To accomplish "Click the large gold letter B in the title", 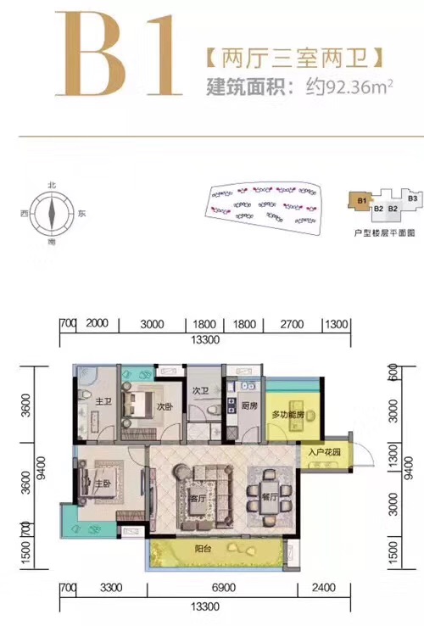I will coord(95,53).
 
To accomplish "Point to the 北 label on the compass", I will coord(52,184).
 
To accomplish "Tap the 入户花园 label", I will coord(325,453).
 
